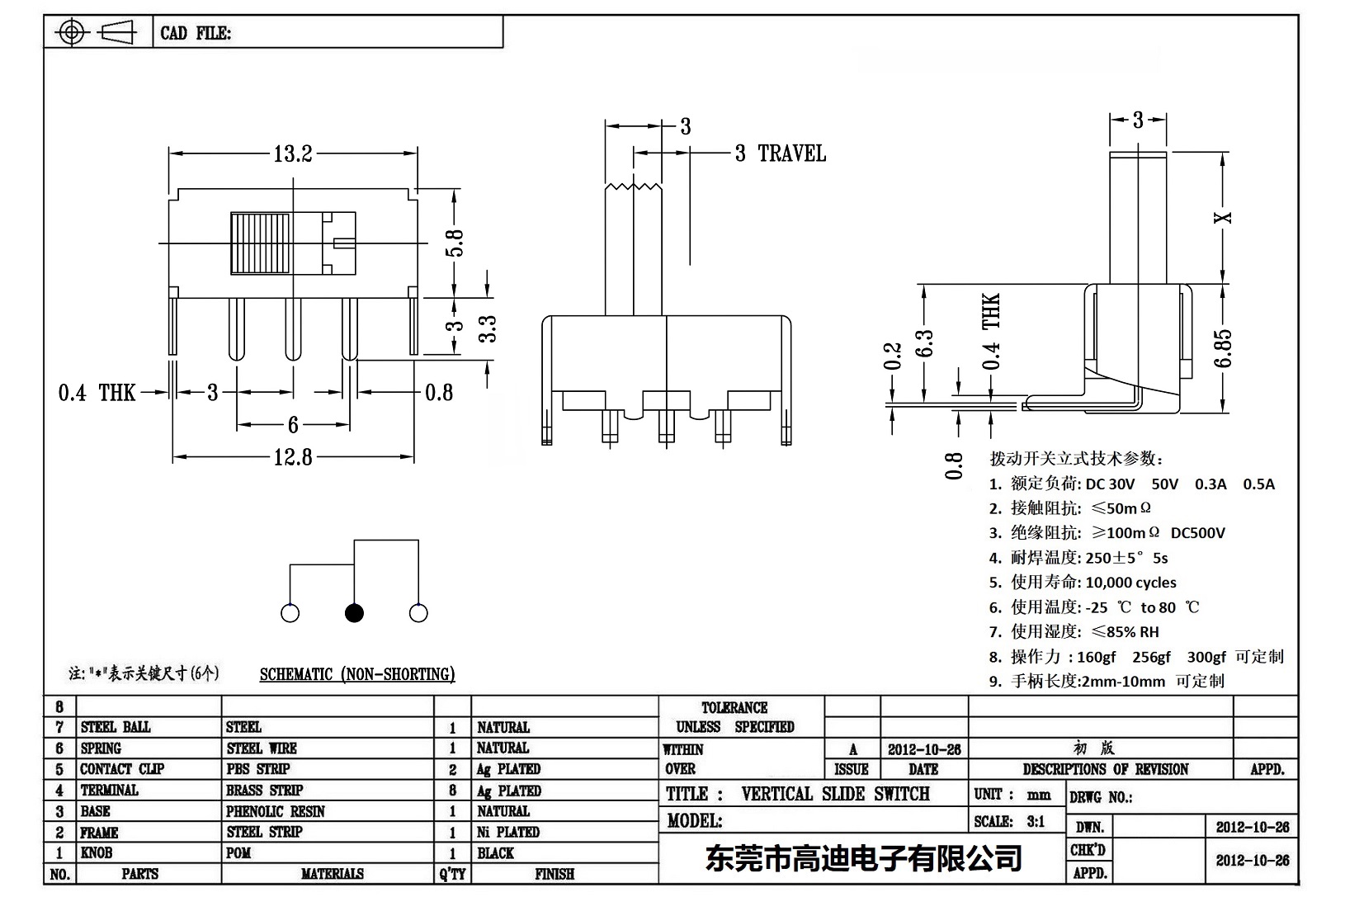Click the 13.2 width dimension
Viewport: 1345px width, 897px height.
click(x=292, y=154)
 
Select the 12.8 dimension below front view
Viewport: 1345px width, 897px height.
click(x=293, y=456)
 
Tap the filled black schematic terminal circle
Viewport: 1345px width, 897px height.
click(x=354, y=613)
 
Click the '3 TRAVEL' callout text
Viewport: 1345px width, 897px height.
click(x=780, y=153)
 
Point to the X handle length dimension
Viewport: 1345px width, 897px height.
click(x=1226, y=218)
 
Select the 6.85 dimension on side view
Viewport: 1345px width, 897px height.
click(x=1224, y=349)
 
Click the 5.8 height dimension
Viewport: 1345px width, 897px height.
click(x=455, y=243)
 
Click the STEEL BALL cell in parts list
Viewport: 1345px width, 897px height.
click(x=116, y=727)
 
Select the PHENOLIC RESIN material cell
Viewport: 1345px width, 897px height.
click(x=276, y=811)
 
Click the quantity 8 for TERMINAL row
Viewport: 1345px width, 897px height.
click(x=452, y=791)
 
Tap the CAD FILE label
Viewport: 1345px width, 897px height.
click(x=196, y=33)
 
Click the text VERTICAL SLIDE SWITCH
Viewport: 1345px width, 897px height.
click(x=835, y=794)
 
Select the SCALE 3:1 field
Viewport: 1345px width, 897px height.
click(x=1009, y=821)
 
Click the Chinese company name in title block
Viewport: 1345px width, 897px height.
click(x=863, y=859)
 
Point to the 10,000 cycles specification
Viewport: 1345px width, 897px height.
click(x=1130, y=583)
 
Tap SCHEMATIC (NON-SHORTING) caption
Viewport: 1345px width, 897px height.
click(x=357, y=674)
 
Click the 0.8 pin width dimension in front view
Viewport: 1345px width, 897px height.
click(x=439, y=392)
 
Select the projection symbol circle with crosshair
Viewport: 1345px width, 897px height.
click(x=73, y=33)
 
